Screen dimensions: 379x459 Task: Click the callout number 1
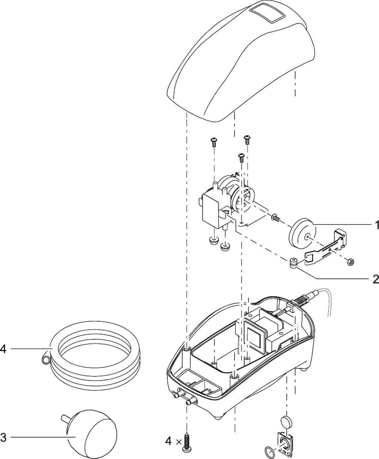[376, 225]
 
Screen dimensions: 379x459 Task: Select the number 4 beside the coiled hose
[3, 348]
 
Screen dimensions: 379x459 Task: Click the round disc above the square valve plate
[286, 421]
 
